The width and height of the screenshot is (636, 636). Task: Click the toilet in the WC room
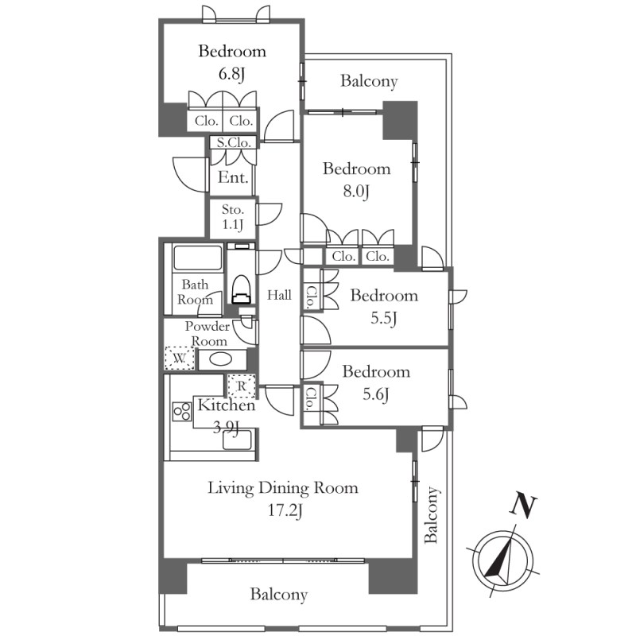242,289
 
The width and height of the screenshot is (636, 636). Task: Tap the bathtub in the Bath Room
198,258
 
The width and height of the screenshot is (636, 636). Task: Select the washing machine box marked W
180,359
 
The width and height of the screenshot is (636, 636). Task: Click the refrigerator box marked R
242,386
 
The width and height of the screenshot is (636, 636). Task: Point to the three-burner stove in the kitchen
182,411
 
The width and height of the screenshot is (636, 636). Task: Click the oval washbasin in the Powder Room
221,359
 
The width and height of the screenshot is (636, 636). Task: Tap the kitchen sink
237,440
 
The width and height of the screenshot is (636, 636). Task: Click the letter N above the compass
523,506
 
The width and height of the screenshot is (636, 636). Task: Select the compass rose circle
503,560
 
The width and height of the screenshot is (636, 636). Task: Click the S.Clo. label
233,143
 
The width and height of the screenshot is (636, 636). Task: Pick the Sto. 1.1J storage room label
232,217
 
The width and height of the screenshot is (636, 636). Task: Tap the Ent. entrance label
233,177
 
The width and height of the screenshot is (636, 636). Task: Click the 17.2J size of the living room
285,510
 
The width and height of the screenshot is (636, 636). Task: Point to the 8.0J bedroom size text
356,192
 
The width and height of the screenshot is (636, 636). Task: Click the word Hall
279,295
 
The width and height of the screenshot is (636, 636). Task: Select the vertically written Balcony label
431,514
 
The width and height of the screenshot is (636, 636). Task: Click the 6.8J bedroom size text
231,74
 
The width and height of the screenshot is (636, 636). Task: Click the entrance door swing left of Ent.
190,175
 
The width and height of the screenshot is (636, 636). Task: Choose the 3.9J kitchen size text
226,427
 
